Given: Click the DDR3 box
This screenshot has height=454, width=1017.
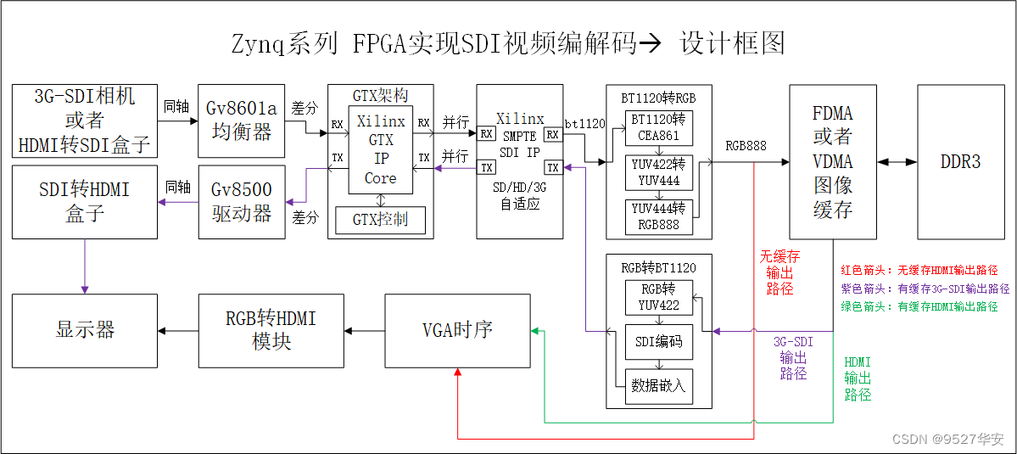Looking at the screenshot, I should [x=960, y=161].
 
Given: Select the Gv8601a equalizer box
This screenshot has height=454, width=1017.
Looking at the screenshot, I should [x=242, y=121].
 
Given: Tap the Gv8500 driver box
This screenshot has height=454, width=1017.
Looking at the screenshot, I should [x=242, y=201].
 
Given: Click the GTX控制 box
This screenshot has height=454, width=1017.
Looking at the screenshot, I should [x=380, y=219].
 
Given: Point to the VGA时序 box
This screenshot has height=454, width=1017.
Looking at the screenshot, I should [x=457, y=330].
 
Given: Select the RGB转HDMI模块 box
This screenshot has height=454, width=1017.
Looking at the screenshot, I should [x=271, y=330].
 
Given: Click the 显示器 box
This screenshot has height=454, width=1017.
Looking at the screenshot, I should [x=85, y=330].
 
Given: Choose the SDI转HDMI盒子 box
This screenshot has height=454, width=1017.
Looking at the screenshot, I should [x=85, y=201].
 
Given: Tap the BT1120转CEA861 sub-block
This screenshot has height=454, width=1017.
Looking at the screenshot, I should [x=659, y=127].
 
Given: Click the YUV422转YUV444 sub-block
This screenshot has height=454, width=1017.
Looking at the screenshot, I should [x=659, y=171].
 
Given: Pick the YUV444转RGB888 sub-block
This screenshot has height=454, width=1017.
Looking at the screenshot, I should [x=659, y=216].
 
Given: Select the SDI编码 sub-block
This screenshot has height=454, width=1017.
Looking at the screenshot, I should [x=659, y=342].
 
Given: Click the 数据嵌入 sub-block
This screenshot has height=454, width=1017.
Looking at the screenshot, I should [x=659, y=386].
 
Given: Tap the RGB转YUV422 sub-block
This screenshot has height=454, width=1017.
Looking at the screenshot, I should [x=659, y=297].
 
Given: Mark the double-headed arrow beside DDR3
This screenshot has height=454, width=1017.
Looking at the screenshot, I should [x=885, y=161].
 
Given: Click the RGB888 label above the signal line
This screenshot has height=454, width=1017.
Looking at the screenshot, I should [x=746, y=146].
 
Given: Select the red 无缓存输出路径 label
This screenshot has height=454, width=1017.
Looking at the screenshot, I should [x=779, y=272].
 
